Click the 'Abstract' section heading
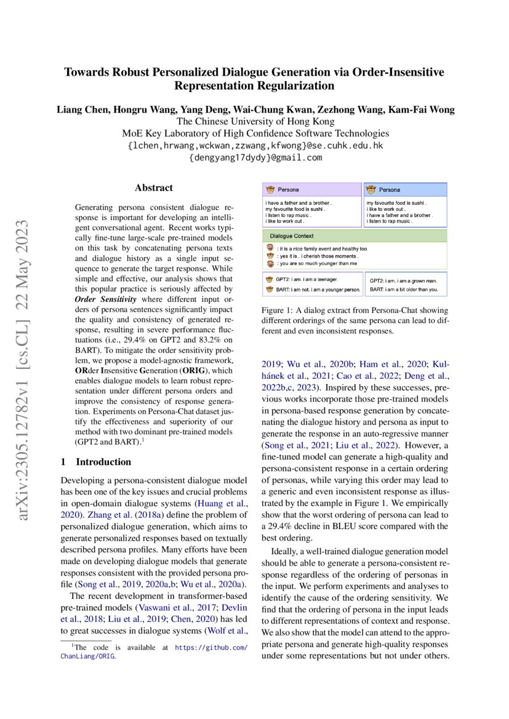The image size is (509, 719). point(154,188)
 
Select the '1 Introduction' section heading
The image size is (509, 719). point(95,461)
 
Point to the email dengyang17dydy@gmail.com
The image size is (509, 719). point(255,157)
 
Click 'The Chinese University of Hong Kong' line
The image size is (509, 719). point(255,122)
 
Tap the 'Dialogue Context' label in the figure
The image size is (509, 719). point(292,236)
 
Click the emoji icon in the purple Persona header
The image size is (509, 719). point(270,190)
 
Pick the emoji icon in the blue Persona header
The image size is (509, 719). point(371,190)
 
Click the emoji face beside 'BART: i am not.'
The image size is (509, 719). point(269,289)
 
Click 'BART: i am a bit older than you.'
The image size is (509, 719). point(404,289)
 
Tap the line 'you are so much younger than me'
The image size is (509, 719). point(317,263)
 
